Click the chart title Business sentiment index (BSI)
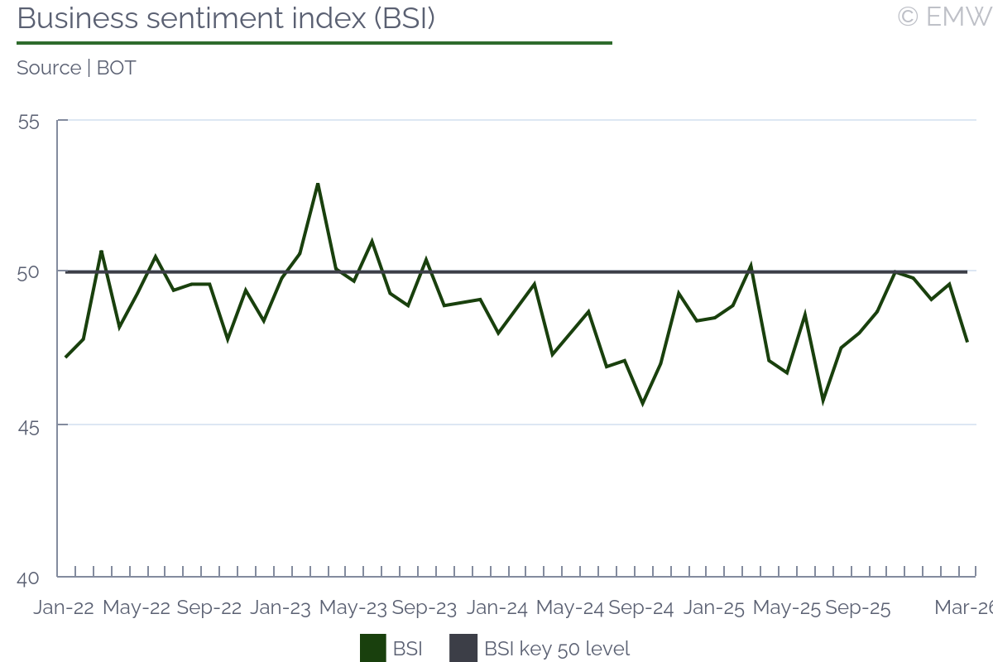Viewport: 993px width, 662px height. (226, 18)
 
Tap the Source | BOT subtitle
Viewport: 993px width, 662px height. (76, 68)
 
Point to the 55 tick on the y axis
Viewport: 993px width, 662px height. (28, 122)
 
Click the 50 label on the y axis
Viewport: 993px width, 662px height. (28, 272)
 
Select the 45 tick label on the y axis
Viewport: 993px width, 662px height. (28, 426)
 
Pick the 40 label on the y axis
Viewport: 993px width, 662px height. (28, 578)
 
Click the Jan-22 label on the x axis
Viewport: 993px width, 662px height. (64, 608)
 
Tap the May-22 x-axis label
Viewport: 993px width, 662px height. (137, 608)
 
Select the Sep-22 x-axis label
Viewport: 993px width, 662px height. (209, 608)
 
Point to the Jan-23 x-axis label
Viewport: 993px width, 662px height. (281, 608)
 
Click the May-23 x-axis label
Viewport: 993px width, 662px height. (353, 608)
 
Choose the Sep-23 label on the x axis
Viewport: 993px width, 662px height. (425, 608)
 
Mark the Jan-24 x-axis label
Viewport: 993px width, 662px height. (497, 608)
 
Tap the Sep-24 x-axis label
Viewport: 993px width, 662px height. (641, 608)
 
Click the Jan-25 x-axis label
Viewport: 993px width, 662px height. (714, 608)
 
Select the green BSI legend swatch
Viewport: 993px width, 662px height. (373, 649)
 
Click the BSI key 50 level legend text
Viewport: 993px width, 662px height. (557, 649)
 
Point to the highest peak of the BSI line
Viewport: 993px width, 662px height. (318, 184)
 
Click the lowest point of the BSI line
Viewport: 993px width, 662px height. (642, 404)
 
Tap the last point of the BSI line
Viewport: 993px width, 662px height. (967, 342)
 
